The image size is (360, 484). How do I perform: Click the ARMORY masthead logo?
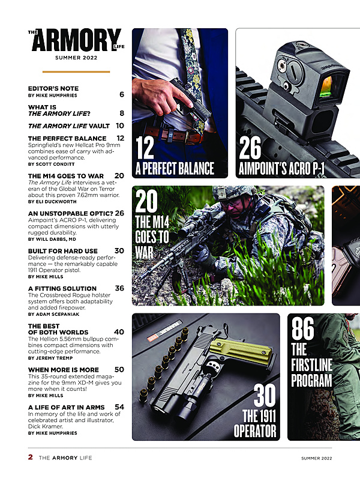point(76,40)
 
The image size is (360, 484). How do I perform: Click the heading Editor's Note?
point(53,88)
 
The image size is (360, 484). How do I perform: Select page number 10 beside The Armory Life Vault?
point(120,126)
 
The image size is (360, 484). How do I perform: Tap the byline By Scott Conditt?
point(51,164)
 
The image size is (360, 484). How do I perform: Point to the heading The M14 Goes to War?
point(66,176)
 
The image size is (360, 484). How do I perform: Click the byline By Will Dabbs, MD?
point(52,239)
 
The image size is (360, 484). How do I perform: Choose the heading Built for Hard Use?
point(62,251)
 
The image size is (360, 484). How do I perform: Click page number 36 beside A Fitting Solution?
point(119,288)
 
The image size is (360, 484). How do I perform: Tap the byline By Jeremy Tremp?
point(50,358)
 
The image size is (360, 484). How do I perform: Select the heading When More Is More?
point(63,370)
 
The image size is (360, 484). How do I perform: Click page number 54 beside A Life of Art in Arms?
point(119,407)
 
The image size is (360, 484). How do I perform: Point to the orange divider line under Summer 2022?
point(76,71)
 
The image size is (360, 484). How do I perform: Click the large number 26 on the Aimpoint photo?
point(250,148)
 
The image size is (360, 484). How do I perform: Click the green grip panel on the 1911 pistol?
point(243,349)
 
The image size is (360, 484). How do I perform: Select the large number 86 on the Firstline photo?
point(303,328)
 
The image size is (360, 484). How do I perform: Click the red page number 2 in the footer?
point(30,457)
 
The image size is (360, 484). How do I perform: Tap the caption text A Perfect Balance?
point(175,169)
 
